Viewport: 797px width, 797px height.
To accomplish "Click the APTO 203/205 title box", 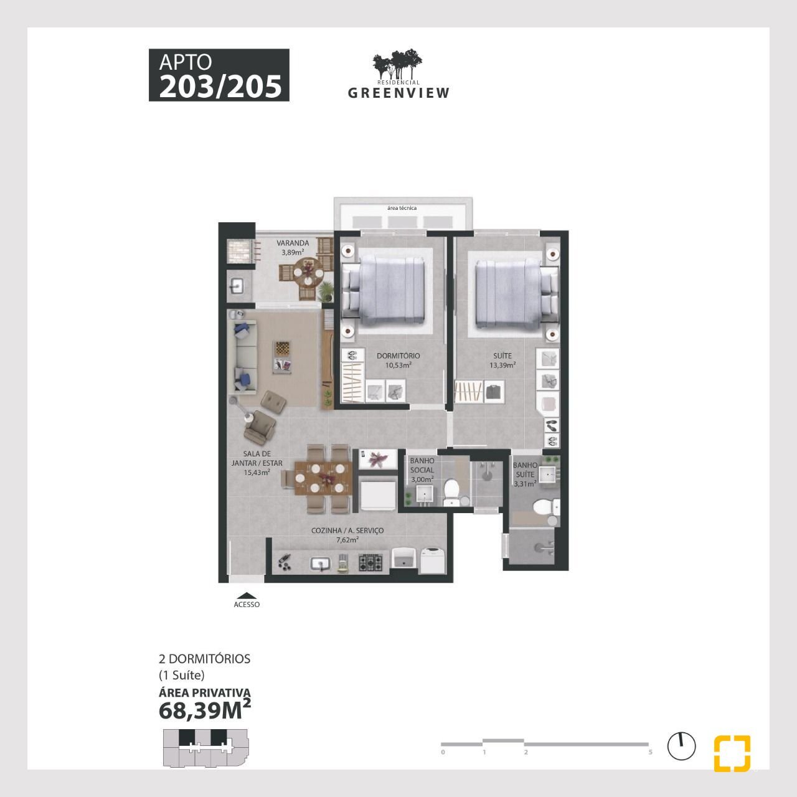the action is coord(219,75).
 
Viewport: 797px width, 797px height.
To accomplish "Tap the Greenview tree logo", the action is coord(397,64).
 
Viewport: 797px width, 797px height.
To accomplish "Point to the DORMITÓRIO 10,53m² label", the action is coord(398,361).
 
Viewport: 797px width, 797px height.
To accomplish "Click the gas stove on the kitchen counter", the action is coord(370,562).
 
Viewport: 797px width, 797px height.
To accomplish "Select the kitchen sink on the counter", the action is coord(320,563).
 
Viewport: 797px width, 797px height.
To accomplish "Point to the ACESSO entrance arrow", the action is coord(247,596).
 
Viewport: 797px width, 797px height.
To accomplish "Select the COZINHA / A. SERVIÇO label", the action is coord(347,535).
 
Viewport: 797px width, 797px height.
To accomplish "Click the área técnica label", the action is coord(402,208).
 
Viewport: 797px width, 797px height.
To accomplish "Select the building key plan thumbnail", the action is coord(205,754).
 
